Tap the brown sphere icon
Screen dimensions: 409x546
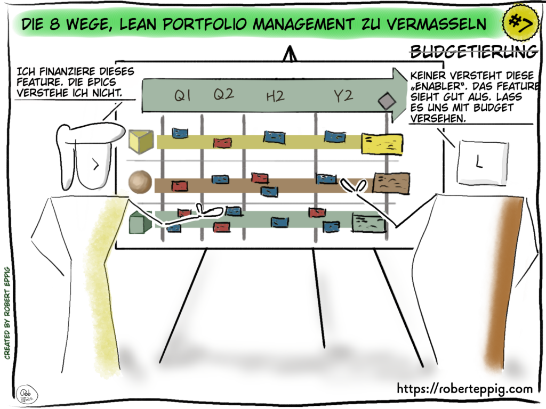click(x=140, y=182)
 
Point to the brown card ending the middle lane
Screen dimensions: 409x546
click(x=391, y=183)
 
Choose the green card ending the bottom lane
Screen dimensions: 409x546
click(x=368, y=222)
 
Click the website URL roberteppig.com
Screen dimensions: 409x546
click(x=464, y=389)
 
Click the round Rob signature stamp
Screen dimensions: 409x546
click(x=22, y=391)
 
